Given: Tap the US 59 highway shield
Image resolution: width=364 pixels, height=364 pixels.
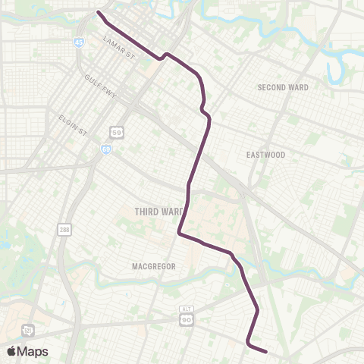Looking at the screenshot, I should click(x=115, y=132).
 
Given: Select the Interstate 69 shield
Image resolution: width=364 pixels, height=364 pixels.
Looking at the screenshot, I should click(x=106, y=149).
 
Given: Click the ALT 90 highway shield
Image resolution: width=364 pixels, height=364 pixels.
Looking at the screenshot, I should click(x=186, y=321).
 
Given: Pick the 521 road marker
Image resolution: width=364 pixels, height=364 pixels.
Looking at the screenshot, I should click(x=27, y=331).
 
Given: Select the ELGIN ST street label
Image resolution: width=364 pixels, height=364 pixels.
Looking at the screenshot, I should click(x=74, y=125).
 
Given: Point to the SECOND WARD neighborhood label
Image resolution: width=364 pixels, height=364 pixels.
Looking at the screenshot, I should click(x=283, y=87).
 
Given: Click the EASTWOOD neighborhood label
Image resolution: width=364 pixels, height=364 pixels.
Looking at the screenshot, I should click(x=265, y=155).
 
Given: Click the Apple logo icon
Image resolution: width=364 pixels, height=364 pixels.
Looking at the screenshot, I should click(x=12, y=351).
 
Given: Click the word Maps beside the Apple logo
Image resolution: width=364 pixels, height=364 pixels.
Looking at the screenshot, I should click(x=33, y=351).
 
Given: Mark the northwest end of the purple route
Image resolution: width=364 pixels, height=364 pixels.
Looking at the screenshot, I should click(x=99, y=11).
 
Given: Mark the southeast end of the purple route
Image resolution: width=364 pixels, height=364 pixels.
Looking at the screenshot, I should click(x=266, y=351).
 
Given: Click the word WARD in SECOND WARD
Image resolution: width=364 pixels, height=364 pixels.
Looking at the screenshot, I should click(x=297, y=87).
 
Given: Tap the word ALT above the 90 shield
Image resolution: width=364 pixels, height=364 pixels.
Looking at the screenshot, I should click(x=186, y=309).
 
